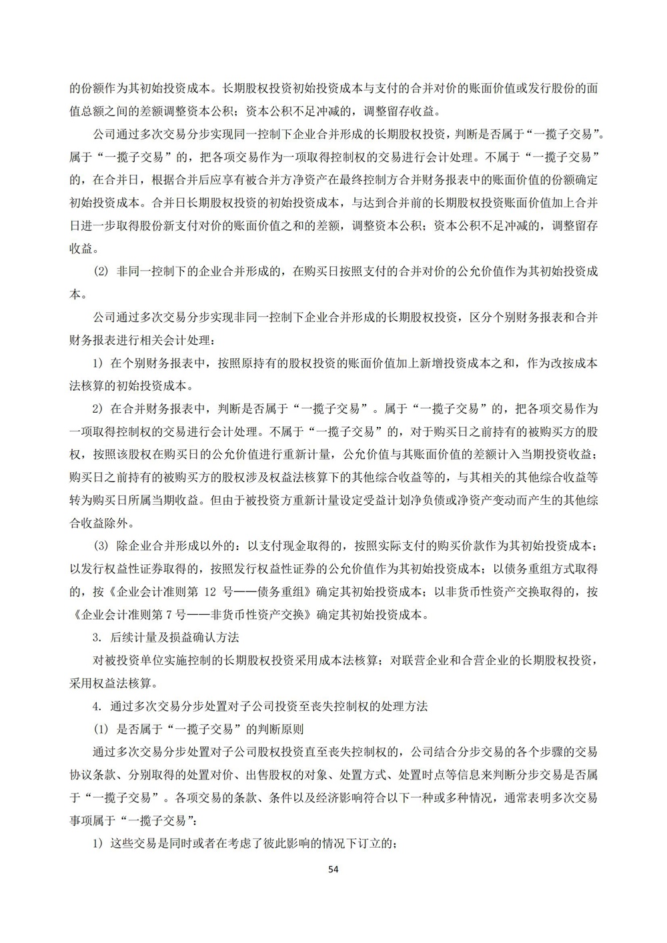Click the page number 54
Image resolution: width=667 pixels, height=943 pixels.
pyautogui.click(x=333, y=870)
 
